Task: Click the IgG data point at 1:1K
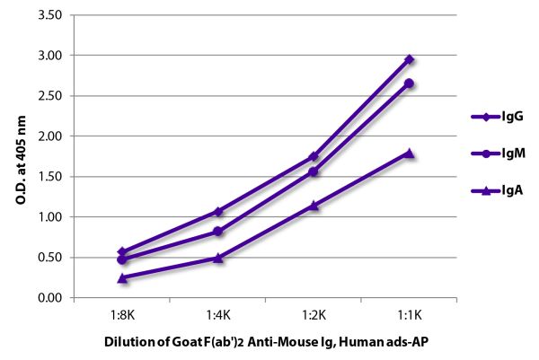pyautogui.click(x=409, y=59)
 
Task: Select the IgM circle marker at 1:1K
pyautogui.click(x=409, y=83)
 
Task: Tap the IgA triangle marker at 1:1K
pyautogui.click(x=409, y=153)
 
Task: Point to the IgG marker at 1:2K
pyautogui.click(x=314, y=156)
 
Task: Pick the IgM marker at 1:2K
pyautogui.click(x=314, y=171)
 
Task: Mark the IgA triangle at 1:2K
pyautogui.click(x=314, y=206)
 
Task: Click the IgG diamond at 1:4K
pyautogui.click(x=218, y=211)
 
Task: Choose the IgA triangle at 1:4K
pyautogui.click(x=218, y=258)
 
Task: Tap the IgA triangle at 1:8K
pyautogui.click(x=122, y=277)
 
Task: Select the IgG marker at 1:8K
pyautogui.click(x=122, y=251)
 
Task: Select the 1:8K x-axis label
pyautogui.click(x=122, y=316)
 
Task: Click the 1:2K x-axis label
pyautogui.click(x=314, y=316)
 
